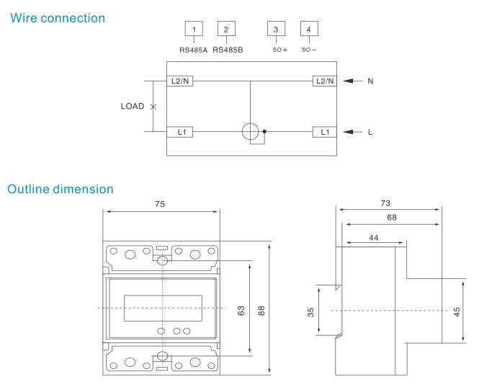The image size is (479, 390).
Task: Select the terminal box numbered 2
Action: point(226,29)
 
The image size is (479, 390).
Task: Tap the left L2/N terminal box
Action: point(179,81)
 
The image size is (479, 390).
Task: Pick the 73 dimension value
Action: point(390,204)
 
